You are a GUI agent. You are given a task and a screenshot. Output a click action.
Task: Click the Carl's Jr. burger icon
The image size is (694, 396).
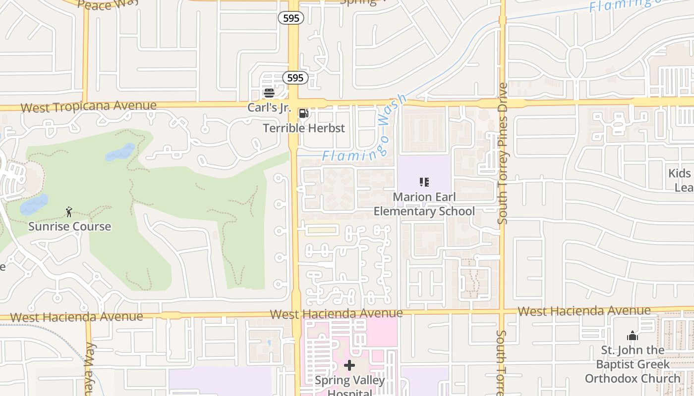pos(269,93)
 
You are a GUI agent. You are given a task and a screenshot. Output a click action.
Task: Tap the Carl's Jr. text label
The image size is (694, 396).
pos(269,107)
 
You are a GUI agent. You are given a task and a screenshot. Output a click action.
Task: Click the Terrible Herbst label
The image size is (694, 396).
pos(303,128)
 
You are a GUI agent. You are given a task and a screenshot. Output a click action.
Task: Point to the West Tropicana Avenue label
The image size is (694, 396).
pos(89,106)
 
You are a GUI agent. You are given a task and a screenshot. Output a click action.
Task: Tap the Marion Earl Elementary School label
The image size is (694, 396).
pos(424,204)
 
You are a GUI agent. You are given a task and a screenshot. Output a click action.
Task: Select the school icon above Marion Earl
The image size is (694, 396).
pos(424,182)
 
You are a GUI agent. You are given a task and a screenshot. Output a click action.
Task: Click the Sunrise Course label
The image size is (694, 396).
pos(69,227)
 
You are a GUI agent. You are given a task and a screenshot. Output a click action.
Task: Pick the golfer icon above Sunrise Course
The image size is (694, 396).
pos(69,213)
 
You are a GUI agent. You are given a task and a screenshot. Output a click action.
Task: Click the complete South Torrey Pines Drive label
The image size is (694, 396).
pos(503,153)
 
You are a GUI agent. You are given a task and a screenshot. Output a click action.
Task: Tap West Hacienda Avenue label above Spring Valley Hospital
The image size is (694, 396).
pos(336,313)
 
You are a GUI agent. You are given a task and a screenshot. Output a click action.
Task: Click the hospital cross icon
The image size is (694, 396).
pos(349,366)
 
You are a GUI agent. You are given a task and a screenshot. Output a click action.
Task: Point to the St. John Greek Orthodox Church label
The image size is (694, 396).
pos(633,364)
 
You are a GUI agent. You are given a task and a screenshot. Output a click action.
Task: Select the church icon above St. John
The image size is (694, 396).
pos(632,336)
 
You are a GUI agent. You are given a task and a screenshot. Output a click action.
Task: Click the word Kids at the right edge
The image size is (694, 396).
pos(679,173)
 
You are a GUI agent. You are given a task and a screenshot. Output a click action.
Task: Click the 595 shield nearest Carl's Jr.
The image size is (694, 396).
pos(295,78)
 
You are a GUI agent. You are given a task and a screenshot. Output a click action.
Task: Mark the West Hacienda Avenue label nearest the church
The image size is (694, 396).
pos(584,311)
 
